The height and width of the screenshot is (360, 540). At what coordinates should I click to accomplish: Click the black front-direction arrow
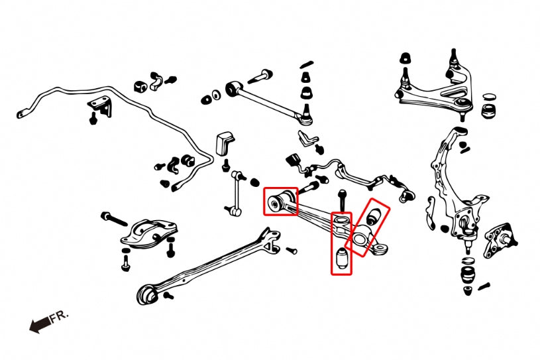coord(38,324)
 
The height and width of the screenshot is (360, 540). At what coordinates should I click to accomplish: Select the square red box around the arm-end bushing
coord(280,201)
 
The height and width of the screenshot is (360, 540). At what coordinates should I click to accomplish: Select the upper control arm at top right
coord(434,93)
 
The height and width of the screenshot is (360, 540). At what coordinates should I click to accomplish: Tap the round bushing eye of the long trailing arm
coord(148,294)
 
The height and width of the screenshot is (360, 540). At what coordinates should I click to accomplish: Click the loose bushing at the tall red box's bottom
coord(342,259)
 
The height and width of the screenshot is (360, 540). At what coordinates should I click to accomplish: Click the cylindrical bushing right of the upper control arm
coord(490,106)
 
